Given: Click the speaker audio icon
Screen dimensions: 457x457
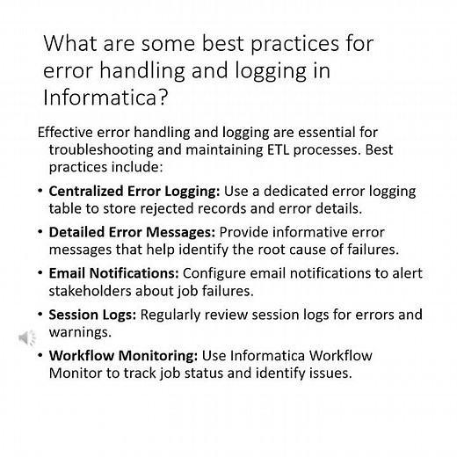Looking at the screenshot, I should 27,337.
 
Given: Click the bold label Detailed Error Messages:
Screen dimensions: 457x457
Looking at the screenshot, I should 132,233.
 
